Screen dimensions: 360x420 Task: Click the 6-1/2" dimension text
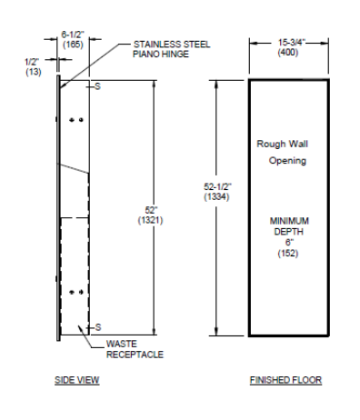click(73, 35)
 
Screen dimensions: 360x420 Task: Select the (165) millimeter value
click(73, 45)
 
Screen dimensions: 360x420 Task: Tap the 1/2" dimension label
click(32, 62)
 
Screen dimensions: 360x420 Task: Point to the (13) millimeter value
click(34, 72)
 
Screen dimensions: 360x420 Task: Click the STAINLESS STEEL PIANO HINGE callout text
click(172, 49)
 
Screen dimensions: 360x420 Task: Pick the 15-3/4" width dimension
click(291, 43)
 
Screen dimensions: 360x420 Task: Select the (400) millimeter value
click(288, 53)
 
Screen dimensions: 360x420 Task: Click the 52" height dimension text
click(151, 210)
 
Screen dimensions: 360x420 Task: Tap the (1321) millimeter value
click(151, 220)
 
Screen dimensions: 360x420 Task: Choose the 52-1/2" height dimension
click(218, 186)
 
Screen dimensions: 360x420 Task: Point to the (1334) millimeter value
click(216, 197)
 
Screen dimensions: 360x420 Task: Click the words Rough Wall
click(282, 144)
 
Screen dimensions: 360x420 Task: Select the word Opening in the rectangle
click(287, 161)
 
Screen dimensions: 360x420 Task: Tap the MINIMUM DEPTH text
click(289, 226)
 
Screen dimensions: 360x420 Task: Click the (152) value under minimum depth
click(288, 253)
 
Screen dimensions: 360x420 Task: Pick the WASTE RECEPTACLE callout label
click(135, 349)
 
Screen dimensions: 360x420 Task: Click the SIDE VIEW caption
click(77, 380)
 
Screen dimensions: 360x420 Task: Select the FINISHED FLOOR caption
click(285, 380)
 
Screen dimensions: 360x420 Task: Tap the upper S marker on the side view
click(97, 86)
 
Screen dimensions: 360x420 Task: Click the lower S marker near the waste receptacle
click(98, 327)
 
